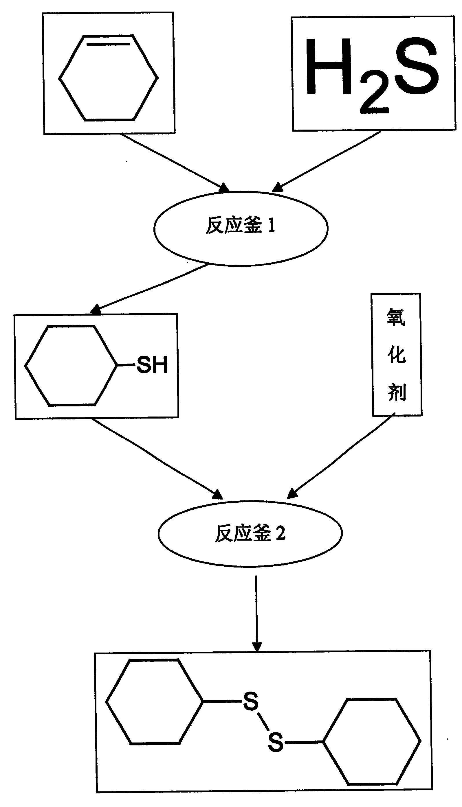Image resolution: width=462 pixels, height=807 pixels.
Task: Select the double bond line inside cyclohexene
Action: point(108,44)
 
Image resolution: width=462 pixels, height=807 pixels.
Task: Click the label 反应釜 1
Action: point(241,226)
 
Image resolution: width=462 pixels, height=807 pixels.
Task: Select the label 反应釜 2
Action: point(250,533)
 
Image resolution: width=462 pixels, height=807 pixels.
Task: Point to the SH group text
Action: point(152,365)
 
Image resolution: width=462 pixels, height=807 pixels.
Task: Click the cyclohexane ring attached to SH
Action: point(71,365)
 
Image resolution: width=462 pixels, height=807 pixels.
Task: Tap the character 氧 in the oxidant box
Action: point(396,317)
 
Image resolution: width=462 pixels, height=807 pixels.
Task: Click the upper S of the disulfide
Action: point(251,701)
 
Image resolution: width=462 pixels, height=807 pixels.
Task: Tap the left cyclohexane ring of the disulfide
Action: point(154,702)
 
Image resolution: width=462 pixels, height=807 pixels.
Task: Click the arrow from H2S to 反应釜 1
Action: point(327,162)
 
